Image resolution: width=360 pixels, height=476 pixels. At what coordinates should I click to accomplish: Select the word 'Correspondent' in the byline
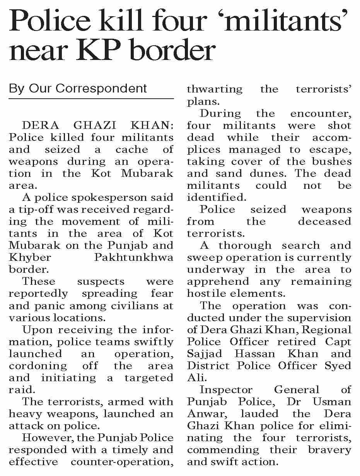101,88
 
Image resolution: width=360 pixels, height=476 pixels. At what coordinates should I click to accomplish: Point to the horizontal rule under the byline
91,99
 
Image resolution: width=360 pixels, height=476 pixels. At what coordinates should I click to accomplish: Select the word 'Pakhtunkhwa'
133,258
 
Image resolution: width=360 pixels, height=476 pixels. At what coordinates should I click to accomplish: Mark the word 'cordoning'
38,366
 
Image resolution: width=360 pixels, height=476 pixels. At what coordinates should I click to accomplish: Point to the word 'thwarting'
215,89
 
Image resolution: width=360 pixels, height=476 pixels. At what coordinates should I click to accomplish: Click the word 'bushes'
333,161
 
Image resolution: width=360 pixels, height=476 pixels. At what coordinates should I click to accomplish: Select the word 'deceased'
324,222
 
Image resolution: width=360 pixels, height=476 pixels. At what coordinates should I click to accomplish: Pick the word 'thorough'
245,246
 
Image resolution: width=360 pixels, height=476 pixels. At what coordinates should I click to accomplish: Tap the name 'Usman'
332,402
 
